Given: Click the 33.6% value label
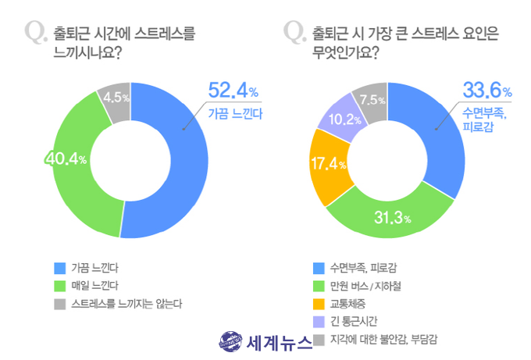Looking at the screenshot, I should pos(487,90).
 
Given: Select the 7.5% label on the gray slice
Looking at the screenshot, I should pos(371,99).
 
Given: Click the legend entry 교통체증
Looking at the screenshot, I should pos(349,303).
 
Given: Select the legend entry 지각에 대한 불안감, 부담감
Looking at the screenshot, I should pos(383,339).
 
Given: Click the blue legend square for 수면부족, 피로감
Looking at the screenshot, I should pos(316,266).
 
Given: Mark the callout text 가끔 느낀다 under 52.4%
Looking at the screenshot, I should pos(236,114).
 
